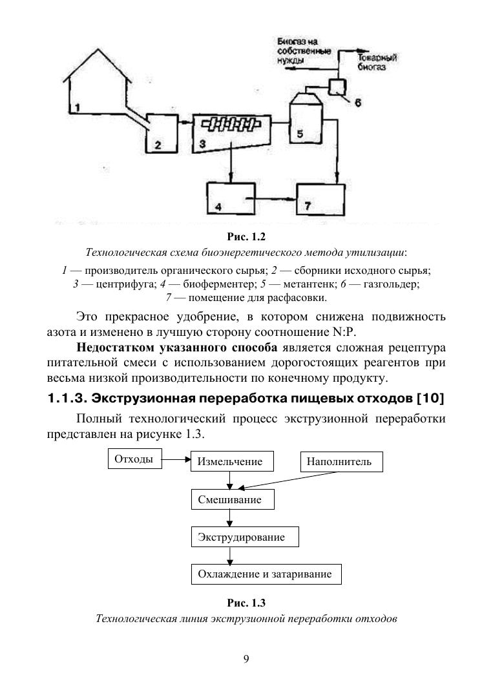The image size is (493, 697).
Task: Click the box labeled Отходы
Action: (x=134, y=460)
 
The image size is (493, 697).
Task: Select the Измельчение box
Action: (x=230, y=462)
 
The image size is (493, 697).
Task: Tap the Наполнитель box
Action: (x=339, y=462)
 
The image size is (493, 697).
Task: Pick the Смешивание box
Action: (x=230, y=500)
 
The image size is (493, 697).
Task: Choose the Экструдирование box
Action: (x=240, y=537)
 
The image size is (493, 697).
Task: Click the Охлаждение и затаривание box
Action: (x=265, y=574)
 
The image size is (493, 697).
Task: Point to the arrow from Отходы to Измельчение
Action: (x=176, y=461)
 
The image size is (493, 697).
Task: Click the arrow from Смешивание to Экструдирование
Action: (x=230, y=518)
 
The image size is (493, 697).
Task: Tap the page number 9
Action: (x=246, y=659)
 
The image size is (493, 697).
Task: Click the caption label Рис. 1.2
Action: (x=246, y=236)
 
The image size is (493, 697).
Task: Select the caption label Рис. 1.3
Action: (x=246, y=603)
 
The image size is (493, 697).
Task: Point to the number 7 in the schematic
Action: (x=308, y=206)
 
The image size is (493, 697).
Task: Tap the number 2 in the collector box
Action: (x=157, y=146)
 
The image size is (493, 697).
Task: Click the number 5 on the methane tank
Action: (x=299, y=134)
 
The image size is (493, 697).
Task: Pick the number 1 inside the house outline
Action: (x=76, y=107)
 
